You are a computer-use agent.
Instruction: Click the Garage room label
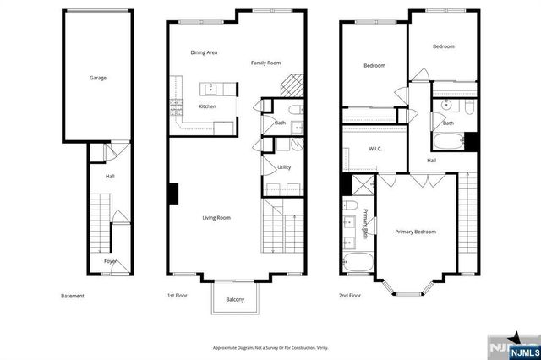pos(98,78)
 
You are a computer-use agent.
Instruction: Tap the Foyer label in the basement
pos(110,261)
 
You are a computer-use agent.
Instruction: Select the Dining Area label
pos(204,52)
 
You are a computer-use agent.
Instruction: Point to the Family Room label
pos(265,63)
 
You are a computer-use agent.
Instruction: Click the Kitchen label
pos(207,106)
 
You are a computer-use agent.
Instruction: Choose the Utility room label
pos(284,167)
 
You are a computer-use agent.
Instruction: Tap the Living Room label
pos(216,218)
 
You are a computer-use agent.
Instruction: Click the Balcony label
pos(235,300)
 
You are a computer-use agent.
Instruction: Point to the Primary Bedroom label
pos(416,231)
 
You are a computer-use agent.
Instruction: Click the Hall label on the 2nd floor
pos(431,160)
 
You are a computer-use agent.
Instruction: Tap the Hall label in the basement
pos(110,176)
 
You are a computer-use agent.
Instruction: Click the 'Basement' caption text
pos(73,297)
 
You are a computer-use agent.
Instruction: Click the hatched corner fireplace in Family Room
pos(291,85)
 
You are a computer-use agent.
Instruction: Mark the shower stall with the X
pos(363,185)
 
